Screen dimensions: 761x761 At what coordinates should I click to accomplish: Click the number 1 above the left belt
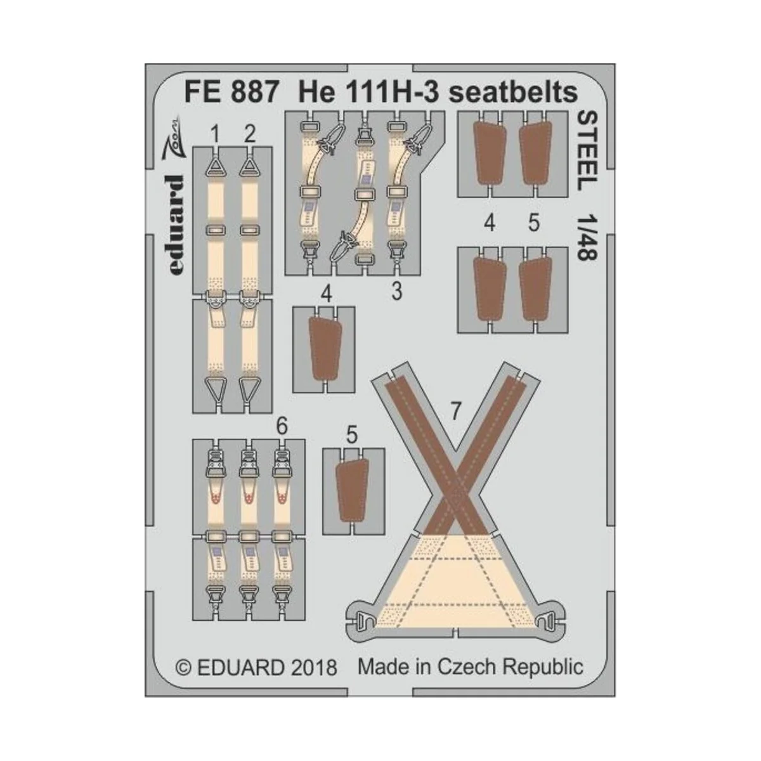216,134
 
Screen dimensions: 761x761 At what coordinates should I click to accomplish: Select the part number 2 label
249,134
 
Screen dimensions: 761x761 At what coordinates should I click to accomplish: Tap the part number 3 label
396,292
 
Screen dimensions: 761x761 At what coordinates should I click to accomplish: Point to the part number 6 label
282,427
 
